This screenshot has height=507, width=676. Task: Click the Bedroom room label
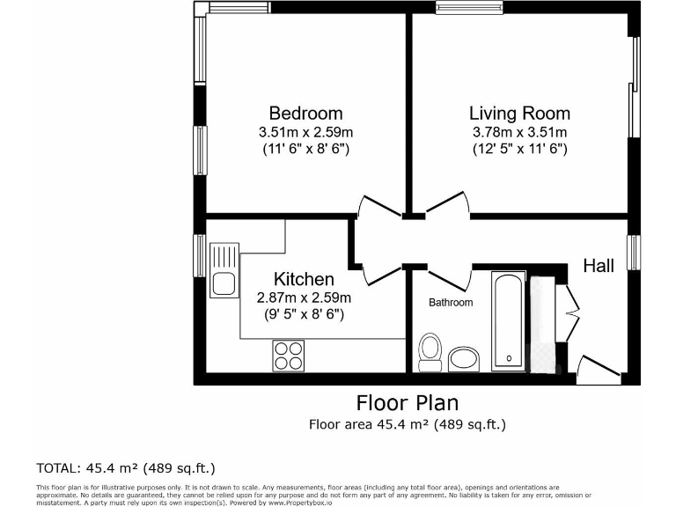305,114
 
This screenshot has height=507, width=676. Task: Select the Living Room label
519,114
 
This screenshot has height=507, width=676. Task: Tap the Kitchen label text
303,279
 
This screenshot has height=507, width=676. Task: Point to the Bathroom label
451,303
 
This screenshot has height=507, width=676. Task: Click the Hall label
599,266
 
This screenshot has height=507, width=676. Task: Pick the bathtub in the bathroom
508,321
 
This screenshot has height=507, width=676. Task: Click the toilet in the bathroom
430,350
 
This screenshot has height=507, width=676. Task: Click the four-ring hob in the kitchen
288,354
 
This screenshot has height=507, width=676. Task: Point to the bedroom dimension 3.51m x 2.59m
305,132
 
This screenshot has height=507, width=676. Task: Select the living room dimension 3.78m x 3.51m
519,132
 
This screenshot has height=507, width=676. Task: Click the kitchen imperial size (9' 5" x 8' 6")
303,313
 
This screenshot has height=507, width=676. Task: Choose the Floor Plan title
408,403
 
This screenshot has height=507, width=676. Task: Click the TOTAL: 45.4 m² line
125,467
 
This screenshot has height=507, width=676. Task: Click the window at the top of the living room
463,9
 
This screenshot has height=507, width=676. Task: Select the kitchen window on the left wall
200,254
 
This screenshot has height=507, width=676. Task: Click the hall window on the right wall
633,253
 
